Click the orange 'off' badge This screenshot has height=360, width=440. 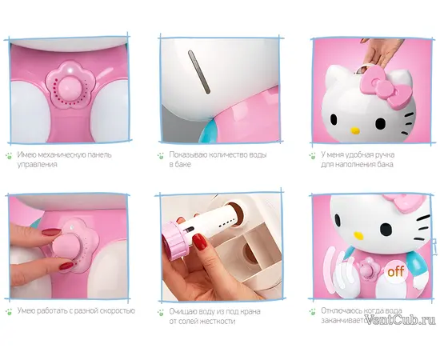coord(396,271)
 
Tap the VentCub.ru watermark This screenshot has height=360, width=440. coord(402,319)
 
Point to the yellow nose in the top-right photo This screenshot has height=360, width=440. coord(355,130)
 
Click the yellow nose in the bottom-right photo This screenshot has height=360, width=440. coord(358,235)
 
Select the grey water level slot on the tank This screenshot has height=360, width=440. coord(199,71)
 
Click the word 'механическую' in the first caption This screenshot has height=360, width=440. coord(62,154)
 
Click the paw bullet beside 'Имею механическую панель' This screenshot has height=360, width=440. coord(10,156)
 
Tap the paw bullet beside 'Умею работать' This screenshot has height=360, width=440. coord(10,311)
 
